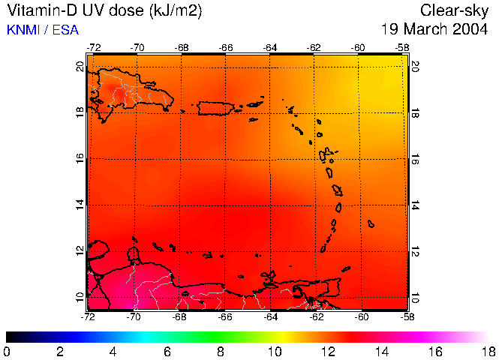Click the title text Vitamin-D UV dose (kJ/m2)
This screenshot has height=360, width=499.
(x=104, y=10)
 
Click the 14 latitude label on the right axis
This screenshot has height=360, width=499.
(x=415, y=205)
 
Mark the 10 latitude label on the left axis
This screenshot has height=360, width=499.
(x=80, y=297)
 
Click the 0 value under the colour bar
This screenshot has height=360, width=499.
(x=7, y=350)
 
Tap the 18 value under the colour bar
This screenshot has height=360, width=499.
(x=488, y=350)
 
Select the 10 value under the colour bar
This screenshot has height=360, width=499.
(x=275, y=350)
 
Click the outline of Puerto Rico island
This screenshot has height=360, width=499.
(x=217, y=108)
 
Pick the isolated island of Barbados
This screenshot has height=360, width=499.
(x=371, y=223)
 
